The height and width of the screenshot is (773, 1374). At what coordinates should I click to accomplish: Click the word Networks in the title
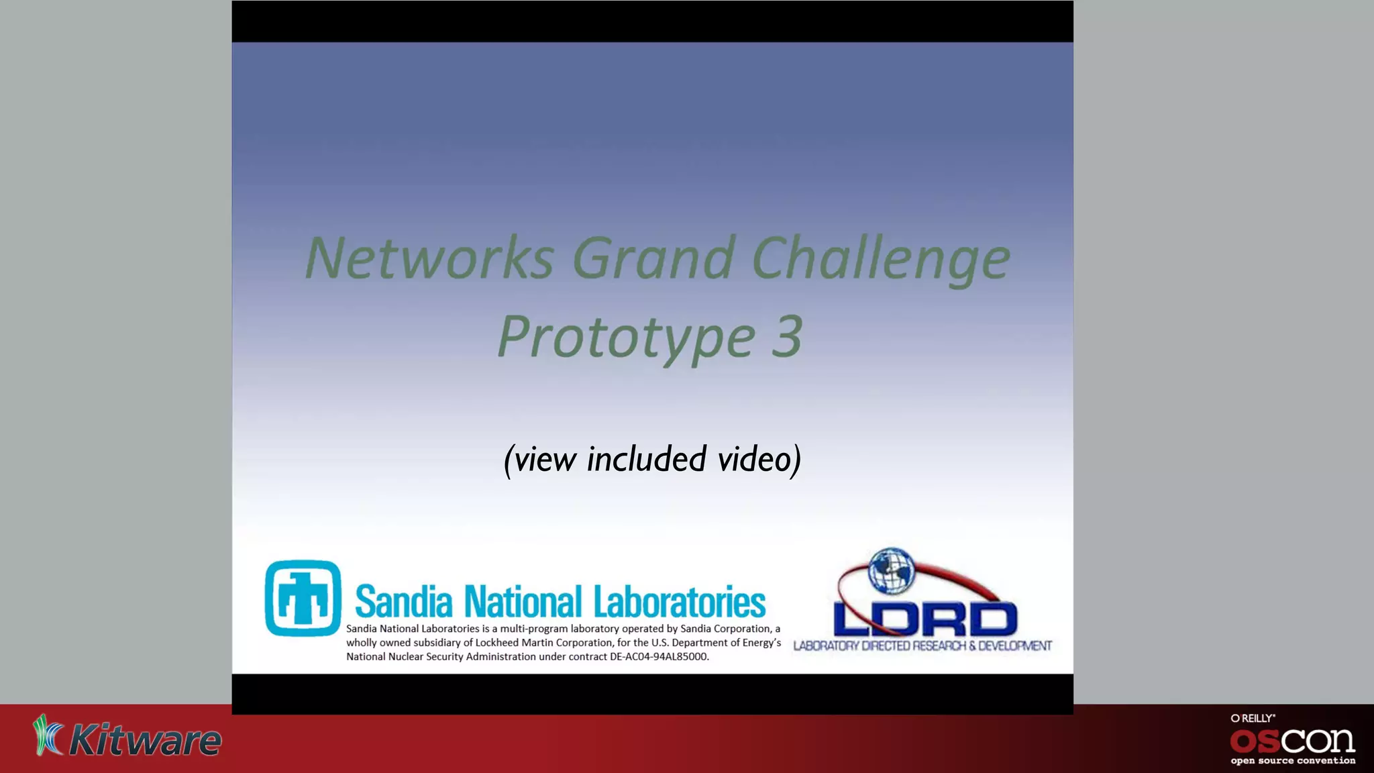[429, 258]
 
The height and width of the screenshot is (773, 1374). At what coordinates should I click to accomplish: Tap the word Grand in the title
[653, 258]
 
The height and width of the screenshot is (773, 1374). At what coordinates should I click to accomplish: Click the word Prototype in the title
[627, 337]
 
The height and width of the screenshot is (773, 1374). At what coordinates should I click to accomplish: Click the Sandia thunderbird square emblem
[303, 598]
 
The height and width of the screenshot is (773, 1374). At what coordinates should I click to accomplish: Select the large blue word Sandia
[403, 601]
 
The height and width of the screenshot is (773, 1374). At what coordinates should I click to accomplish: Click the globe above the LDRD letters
[892, 570]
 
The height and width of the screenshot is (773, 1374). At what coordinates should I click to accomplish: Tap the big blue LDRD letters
[925, 619]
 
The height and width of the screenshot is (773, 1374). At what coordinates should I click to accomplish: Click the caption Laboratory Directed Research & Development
[922, 646]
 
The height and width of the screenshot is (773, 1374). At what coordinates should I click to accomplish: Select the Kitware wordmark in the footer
[145, 741]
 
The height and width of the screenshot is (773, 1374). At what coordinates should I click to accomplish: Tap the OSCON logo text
[1292, 741]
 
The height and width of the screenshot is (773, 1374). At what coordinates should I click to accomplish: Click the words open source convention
[1292, 761]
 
